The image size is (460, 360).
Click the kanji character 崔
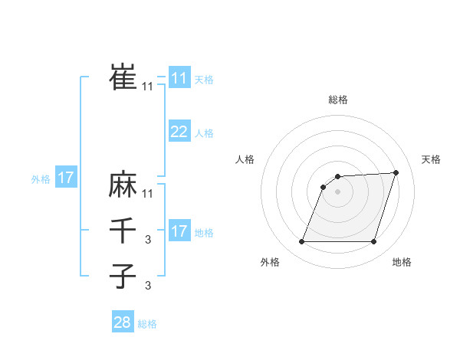pos(123,77)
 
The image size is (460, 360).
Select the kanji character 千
pos(123,231)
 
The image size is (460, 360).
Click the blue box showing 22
pos(179,132)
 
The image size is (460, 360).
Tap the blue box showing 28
pos(122,322)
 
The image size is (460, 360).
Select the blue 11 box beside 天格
pos(179,78)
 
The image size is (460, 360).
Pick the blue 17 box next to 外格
pos(65,178)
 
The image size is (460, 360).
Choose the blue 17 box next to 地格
pos(179,231)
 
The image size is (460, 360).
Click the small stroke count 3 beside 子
pos(148,286)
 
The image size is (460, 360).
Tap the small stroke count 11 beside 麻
pos(148,193)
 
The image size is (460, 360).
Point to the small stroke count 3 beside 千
pos(148,241)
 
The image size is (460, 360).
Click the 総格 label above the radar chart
pos(337,100)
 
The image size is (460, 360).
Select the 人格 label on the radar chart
pos(245,159)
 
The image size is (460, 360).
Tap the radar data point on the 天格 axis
pos(396,172)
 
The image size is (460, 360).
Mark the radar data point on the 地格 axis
pos(373,242)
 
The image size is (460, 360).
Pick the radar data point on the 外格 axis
pos(301,242)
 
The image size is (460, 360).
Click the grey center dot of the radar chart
pos(337,192)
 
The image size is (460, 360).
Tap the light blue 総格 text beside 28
pos(147,324)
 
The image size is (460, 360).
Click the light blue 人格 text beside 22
pos(204,133)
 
